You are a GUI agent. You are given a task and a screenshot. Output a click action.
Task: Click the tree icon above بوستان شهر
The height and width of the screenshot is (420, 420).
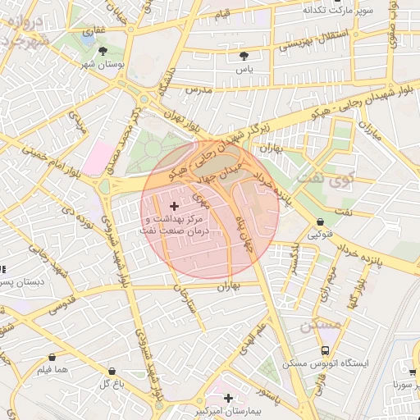[x=103, y=51]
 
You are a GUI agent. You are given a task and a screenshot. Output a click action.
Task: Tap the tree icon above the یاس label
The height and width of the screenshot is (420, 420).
[x=244, y=56]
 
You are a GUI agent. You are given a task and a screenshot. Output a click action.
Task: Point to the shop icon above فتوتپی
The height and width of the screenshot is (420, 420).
[x=319, y=221]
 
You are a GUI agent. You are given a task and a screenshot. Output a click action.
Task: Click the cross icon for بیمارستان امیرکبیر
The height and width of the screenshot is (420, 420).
[x=228, y=398]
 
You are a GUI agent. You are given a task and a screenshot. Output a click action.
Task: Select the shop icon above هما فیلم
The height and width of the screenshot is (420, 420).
[x=53, y=358]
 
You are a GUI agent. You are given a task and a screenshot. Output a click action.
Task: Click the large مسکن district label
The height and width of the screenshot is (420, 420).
[x=321, y=325]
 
